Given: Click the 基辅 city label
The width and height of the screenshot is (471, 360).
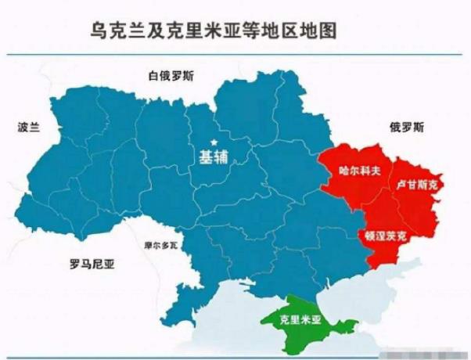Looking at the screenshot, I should coord(213,157).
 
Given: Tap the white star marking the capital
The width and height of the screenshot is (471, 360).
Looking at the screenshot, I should coord(212,141).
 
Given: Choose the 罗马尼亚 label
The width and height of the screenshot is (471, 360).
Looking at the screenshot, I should coord(92,264).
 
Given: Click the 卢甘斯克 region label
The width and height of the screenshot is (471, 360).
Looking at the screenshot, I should coord(419,185).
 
